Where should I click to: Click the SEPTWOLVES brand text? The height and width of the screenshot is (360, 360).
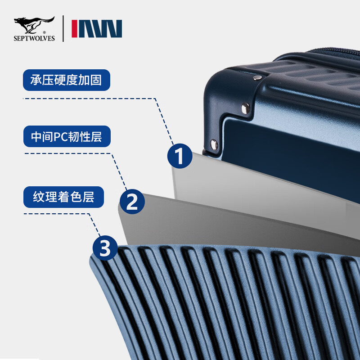pyautogui.click(x=34, y=39)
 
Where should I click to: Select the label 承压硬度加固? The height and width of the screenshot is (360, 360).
pyautogui.click(x=66, y=81)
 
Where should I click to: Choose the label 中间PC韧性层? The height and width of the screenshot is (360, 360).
pyautogui.click(x=66, y=137)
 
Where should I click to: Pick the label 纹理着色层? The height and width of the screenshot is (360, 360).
pyautogui.click(x=63, y=198)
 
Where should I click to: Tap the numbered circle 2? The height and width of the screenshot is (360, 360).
pyautogui.click(x=132, y=201)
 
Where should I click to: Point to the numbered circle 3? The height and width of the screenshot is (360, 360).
pyautogui.click(x=105, y=248)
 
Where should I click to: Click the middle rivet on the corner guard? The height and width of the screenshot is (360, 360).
pyautogui.click(x=245, y=108)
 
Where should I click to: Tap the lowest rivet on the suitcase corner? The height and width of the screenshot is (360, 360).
pyautogui.click(x=214, y=144)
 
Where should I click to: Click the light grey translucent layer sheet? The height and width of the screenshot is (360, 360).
pyautogui.click(x=270, y=180)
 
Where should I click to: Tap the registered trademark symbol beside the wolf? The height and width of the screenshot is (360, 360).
pyautogui.click(x=44, y=32)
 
